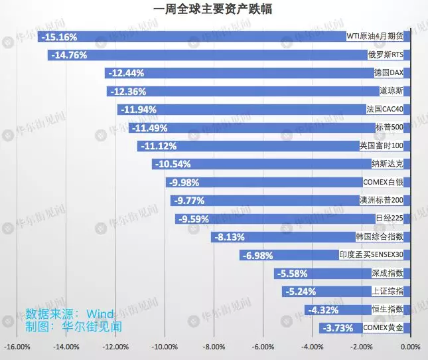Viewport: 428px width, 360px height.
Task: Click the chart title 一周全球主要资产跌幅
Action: (213, 9)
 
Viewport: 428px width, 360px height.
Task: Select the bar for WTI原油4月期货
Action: (192, 37)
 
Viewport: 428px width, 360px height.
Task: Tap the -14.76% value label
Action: (69, 55)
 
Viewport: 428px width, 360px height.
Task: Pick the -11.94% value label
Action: (138, 110)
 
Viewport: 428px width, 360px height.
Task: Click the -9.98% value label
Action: (184, 182)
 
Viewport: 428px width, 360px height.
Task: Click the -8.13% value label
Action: (230, 236)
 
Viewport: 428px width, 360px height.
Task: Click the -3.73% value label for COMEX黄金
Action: (337, 327)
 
